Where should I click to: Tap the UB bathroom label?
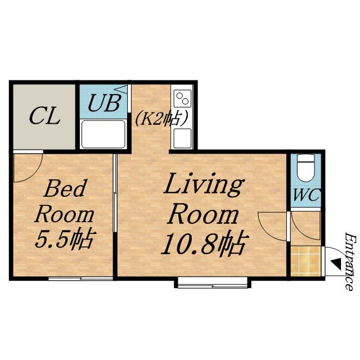coord(105,103)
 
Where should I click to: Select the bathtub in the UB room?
coord(103,134)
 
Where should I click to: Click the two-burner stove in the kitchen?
coord(182,98)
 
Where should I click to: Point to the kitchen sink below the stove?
coord(182,138)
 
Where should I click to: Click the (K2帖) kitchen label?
coord(161,118)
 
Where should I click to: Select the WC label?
coord(306,195)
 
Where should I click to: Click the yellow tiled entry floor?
coord(305,261)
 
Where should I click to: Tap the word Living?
coord(204,186)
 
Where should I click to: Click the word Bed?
coord(65,189)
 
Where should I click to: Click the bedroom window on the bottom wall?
coord(81,278)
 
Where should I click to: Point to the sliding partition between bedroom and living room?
coord(115,193)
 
